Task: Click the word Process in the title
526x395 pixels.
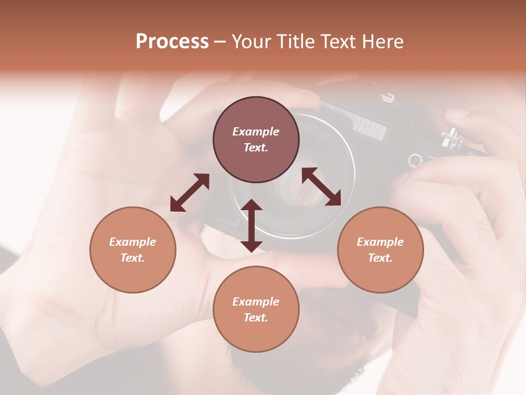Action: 172,42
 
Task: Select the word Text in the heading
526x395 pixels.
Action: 338,42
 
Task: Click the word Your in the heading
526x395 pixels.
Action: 250,42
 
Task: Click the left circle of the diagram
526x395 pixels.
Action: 133,250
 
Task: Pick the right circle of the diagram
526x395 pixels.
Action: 380,250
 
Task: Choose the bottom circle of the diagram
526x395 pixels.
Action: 256,309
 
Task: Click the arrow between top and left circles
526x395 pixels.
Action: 190,193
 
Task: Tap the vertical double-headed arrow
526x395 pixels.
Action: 251,225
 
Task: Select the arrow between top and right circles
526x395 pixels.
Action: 322,187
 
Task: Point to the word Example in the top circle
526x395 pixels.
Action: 256,132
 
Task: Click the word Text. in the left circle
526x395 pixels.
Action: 133,258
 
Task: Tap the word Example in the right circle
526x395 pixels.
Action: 380,242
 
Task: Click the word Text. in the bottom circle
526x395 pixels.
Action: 256,318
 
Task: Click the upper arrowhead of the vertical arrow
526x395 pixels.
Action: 251,206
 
